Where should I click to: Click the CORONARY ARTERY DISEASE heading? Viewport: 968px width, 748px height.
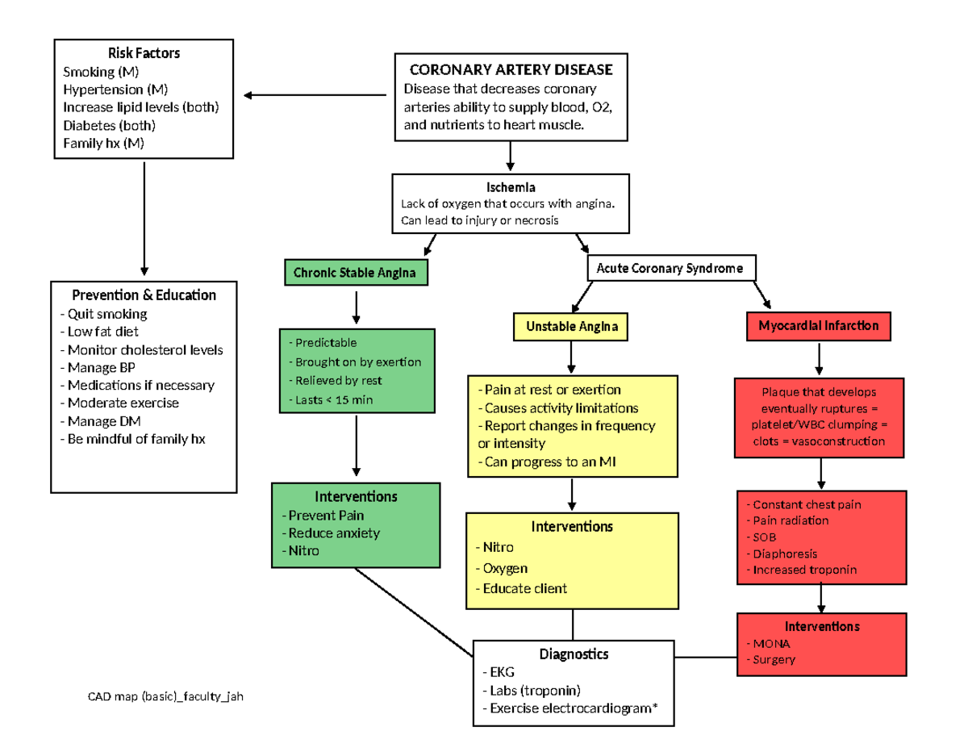[x=511, y=69]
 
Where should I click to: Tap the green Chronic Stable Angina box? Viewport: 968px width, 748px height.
[x=355, y=273]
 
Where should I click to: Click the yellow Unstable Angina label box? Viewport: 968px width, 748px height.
[x=572, y=326]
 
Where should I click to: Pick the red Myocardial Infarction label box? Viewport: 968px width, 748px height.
[x=818, y=326]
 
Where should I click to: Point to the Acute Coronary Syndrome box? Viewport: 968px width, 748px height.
[x=670, y=268]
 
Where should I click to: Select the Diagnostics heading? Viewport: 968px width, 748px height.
[x=574, y=654]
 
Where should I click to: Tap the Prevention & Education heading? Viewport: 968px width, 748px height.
[x=144, y=295]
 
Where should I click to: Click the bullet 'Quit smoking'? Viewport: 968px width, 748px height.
[x=104, y=314]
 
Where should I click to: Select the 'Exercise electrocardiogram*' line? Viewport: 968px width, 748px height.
[x=570, y=708]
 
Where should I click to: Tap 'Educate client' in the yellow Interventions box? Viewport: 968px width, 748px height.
[x=524, y=588]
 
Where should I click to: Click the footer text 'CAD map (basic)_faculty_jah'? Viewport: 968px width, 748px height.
[x=165, y=696]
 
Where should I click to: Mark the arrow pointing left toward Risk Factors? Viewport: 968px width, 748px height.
[x=315, y=96]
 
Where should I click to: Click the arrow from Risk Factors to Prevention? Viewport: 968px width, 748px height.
[x=144, y=218]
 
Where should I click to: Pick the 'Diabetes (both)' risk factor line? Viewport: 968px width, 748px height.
[x=109, y=126]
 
